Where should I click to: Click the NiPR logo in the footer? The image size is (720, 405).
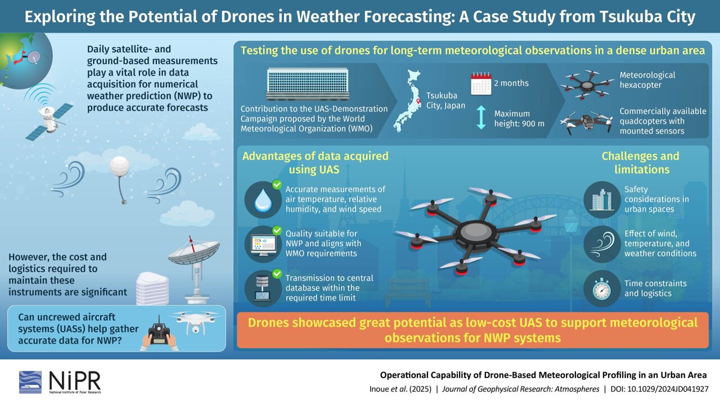coord(60,381)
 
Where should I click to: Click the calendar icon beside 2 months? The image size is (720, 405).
coord(481,83)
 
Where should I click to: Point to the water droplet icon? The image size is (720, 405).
coord(263,201)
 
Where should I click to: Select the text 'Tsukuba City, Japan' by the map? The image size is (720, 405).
coord(445,100)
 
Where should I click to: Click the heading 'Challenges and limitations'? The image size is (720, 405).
coord(640,163)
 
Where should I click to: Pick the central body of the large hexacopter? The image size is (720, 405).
coord(475,231)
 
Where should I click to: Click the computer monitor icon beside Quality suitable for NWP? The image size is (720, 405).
coord(263,244)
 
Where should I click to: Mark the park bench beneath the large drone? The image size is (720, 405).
coord(407,289)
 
